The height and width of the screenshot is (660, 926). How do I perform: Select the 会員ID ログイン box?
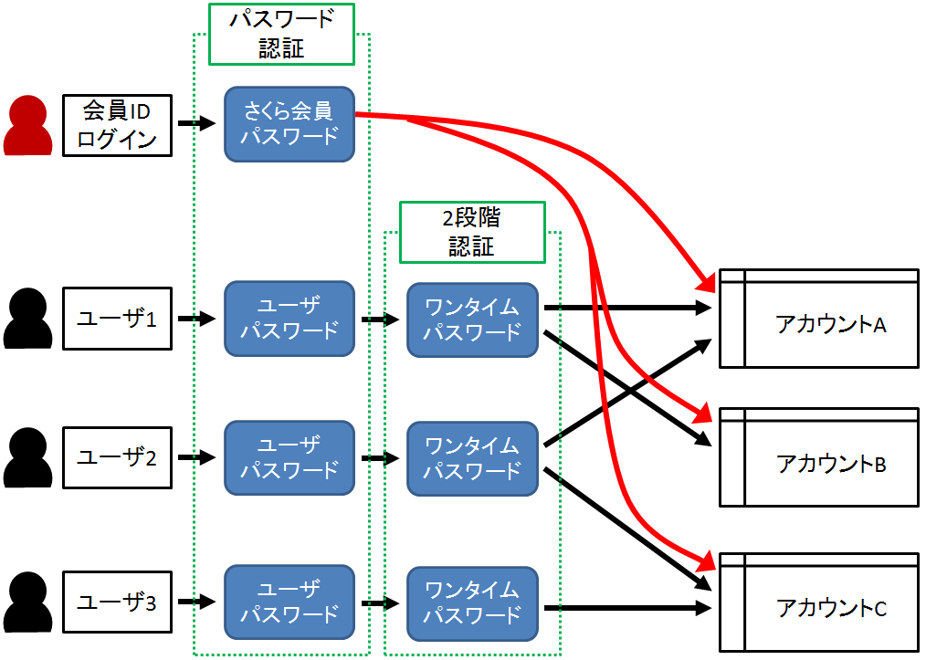(117, 125)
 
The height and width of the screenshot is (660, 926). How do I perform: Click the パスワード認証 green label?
(281, 35)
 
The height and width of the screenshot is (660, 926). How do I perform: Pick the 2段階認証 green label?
(471, 232)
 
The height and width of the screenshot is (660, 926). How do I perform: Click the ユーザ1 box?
(117, 320)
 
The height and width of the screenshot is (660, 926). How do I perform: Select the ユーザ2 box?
(117, 457)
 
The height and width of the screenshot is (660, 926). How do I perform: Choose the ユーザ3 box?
(117, 602)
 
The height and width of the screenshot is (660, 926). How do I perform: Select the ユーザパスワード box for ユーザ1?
(289, 319)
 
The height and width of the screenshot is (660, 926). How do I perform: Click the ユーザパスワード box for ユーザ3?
(289, 602)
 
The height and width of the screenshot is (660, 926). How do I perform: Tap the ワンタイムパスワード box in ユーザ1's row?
(471, 320)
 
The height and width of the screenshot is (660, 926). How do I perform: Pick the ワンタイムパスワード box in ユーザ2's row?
(471, 458)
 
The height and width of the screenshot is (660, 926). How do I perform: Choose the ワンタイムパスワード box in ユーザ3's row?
(471, 602)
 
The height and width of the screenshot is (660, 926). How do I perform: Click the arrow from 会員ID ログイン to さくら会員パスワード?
(197, 123)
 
